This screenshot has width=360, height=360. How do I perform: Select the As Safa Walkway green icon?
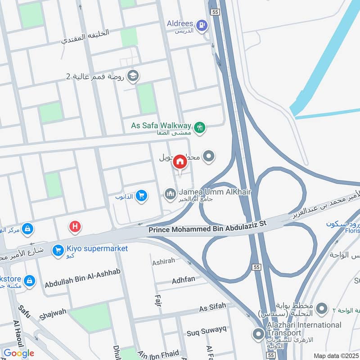pyautogui.click(x=201, y=127)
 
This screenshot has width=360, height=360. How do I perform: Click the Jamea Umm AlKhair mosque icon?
pyautogui.click(x=170, y=194)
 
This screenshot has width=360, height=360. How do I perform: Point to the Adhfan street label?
pyautogui.click(x=184, y=280)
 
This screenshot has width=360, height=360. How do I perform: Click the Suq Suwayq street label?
pyautogui.click(x=207, y=333)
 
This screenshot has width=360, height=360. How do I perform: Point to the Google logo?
pyautogui.click(x=18, y=354)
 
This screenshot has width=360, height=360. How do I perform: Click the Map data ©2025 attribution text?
pyautogui.click(x=335, y=355)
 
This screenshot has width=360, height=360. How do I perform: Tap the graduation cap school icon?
pyautogui.click(x=132, y=76)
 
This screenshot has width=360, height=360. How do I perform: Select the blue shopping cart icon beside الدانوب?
pyautogui.click(x=141, y=196)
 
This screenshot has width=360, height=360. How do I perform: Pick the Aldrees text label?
pyautogui.click(x=180, y=23)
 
